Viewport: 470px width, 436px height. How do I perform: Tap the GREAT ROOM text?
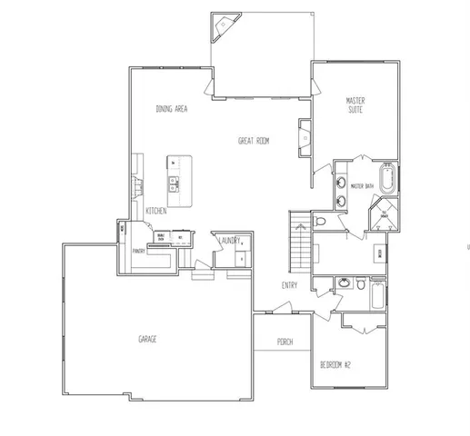click(x=255, y=141)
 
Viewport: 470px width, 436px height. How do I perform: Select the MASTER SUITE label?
click(x=355, y=104)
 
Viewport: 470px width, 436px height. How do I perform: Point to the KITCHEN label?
click(x=155, y=211)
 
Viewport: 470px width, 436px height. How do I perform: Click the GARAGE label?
click(x=147, y=339)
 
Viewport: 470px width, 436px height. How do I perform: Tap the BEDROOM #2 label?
click(x=335, y=364)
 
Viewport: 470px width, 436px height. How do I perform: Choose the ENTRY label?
click(x=289, y=286)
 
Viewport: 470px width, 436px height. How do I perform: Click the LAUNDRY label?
click(x=228, y=241)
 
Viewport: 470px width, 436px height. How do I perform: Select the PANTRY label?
click(x=138, y=252)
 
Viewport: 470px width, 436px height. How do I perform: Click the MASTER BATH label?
click(x=363, y=186)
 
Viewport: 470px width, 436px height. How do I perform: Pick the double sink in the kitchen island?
click(x=173, y=185)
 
